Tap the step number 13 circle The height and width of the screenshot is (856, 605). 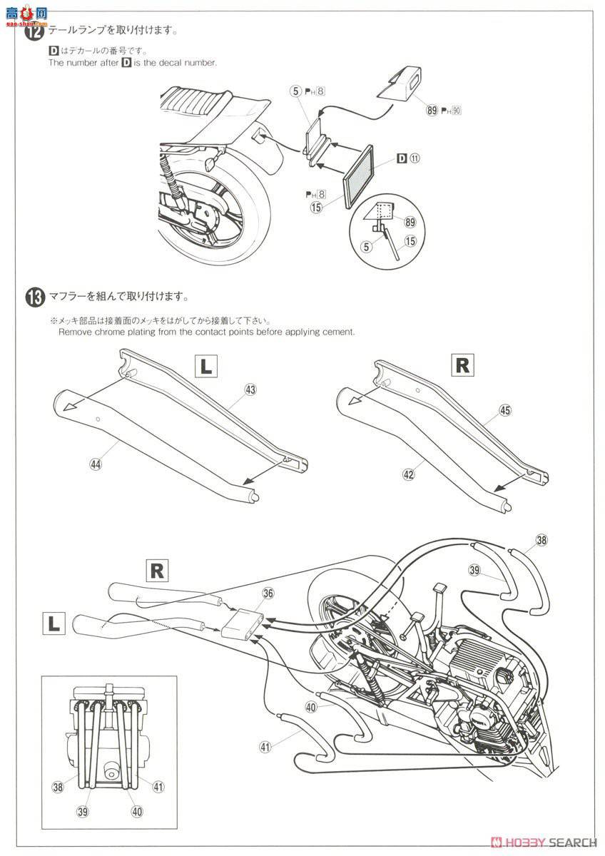coord(35,296)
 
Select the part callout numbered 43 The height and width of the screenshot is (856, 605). coord(250,389)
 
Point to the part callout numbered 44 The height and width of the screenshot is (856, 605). coord(94,464)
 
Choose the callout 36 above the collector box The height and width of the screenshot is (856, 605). coord(268,593)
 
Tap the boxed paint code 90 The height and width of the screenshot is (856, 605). coord(457,110)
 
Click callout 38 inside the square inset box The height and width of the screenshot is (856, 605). coord(57,787)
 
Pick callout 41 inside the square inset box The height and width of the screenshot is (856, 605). coord(158,787)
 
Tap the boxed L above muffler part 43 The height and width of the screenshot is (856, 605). coord(205,367)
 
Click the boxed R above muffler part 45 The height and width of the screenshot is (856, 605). coord(462,365)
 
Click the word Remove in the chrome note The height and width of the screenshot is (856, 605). coord(76,332)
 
